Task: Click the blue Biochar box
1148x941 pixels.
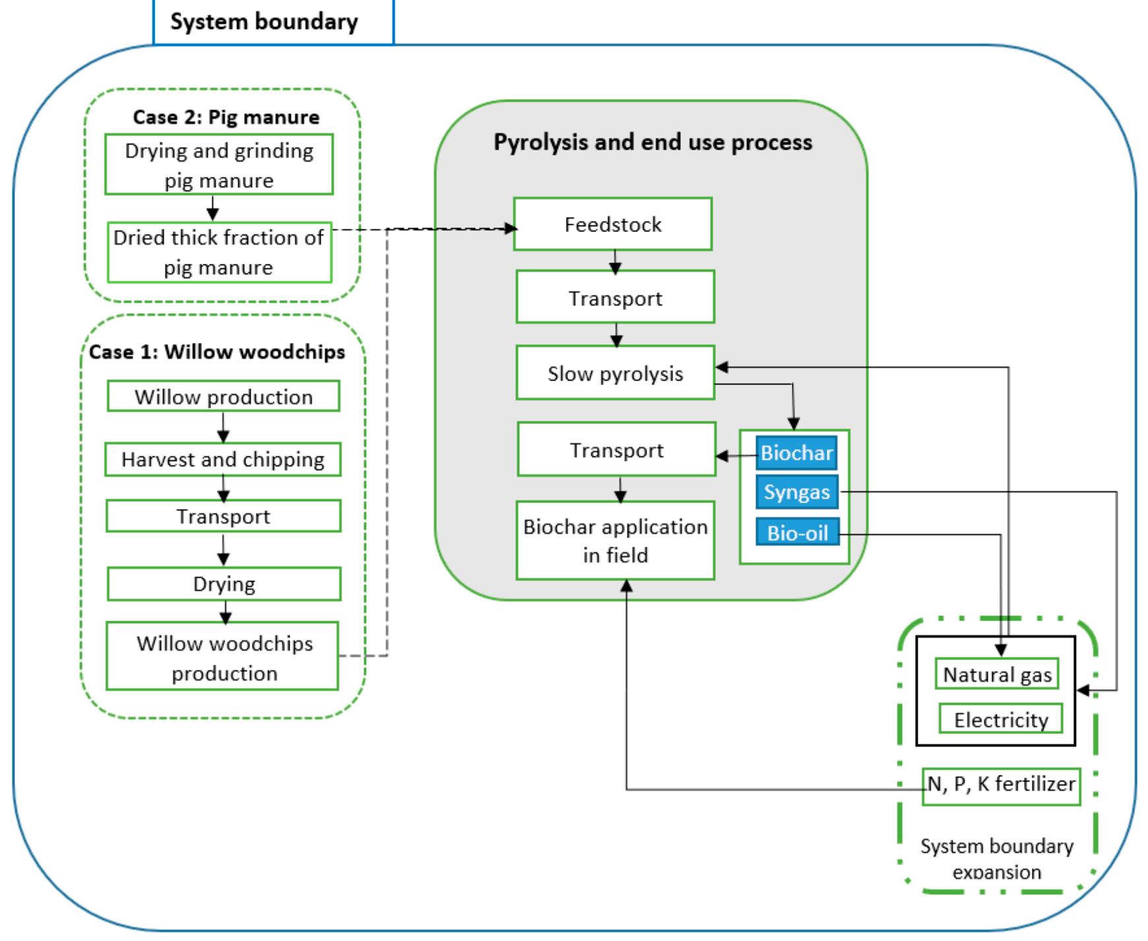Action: tap(796, 453)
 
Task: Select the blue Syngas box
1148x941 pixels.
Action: tap(796, 492)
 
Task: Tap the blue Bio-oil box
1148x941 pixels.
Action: tap(797, 532)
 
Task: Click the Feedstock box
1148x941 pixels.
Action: tap(613, 224)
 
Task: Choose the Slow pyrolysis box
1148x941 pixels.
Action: tap(615, 373)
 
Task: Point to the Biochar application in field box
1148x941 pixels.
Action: tap(615, 541)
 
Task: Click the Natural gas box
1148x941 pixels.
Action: tap(997, 675)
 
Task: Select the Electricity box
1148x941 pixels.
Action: tap(1001, 719)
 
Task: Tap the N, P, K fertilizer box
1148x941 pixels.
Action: tap(1002, 785)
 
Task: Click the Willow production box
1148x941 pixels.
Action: tap(224, 396)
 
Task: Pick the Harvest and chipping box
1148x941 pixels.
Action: tap(223, 460)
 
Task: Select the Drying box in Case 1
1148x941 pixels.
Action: tap(224, 584)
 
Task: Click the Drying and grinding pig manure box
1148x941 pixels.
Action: tap(219, 165)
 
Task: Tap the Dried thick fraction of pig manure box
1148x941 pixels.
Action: tap(219, 253)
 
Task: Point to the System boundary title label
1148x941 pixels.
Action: tap(264, 22)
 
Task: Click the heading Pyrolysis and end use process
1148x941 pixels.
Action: tap(653, 142)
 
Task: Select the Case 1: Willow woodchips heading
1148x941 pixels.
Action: tap(217, 351)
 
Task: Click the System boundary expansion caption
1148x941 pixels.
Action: tap(996, 859)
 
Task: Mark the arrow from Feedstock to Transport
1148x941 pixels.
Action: tap(615, 261)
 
